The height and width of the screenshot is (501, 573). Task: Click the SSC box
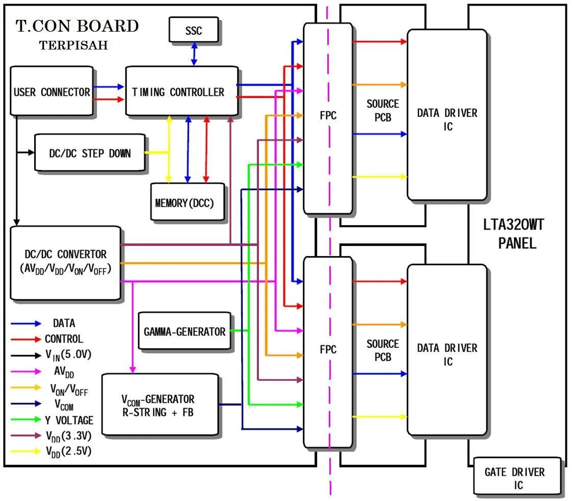point(194,31)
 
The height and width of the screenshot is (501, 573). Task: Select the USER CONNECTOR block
point(51,91)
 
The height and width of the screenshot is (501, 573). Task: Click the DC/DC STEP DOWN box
point(90,153)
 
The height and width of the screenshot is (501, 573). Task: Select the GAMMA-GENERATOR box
point(184,331)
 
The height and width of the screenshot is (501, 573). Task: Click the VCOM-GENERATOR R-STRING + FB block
point(160,405)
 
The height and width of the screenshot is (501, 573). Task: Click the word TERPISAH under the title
point(73,45)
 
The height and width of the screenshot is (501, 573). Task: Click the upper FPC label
point(328,116)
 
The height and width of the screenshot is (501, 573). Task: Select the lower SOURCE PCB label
point(382,350)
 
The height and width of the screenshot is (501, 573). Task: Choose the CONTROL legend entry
point(64,339)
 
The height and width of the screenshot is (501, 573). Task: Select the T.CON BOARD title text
point(77,26)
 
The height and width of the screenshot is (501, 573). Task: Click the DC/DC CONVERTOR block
point(65,261)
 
